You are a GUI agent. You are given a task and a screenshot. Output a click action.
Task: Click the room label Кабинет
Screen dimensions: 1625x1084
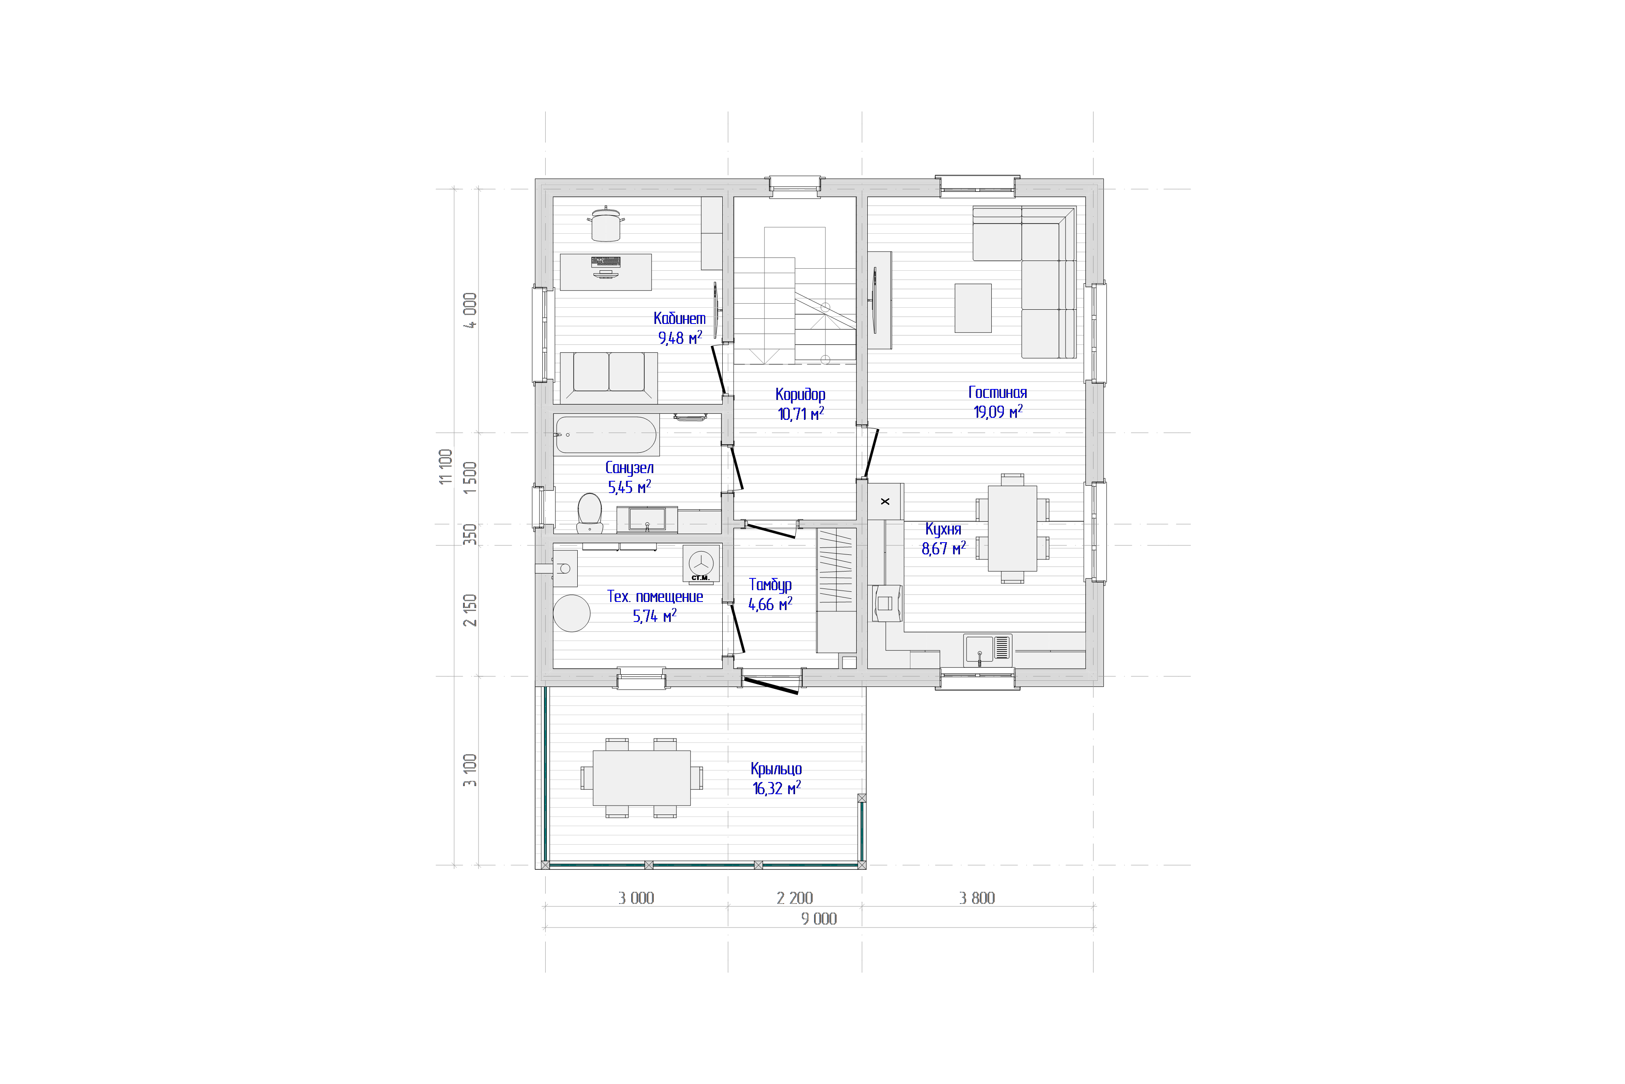(x=679, y=319)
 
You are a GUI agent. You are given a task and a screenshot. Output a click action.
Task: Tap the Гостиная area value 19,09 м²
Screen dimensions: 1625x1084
(x=998, y=412)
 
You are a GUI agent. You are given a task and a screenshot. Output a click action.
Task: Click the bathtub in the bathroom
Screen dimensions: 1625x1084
(x=606, y=435)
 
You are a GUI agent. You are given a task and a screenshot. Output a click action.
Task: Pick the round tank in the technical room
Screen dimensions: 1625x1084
(x=571, y=613)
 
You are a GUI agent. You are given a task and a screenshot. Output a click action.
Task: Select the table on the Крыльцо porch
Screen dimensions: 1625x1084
(x=642, y=778)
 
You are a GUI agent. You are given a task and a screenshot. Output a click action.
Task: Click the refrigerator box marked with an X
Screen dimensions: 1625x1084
(x=885, y=501)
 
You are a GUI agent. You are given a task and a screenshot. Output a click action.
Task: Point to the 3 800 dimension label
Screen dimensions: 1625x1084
(x=977, y=898)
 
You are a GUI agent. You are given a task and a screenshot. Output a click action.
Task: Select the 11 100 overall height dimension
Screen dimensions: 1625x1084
(x=446, y=467)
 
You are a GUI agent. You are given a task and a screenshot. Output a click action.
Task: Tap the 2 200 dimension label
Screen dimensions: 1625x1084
(x=795, y=898)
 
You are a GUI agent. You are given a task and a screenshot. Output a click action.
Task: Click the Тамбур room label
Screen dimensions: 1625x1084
(x=770, y=585)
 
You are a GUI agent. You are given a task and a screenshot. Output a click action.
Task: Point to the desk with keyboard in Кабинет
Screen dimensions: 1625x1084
(x=606, y=272)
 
